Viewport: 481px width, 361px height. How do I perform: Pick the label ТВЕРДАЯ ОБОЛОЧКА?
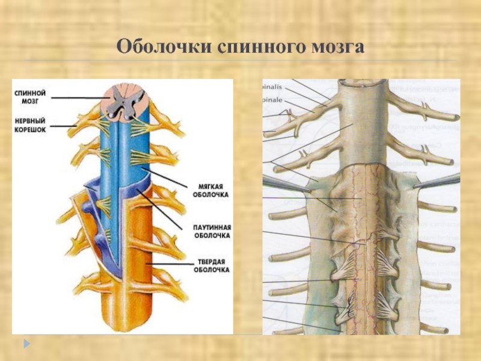click(x=211, y=267)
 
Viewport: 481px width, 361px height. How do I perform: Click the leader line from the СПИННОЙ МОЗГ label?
click(x=78, y=97)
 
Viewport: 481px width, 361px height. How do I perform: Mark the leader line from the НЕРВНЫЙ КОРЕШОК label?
click(x=60, y=126)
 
